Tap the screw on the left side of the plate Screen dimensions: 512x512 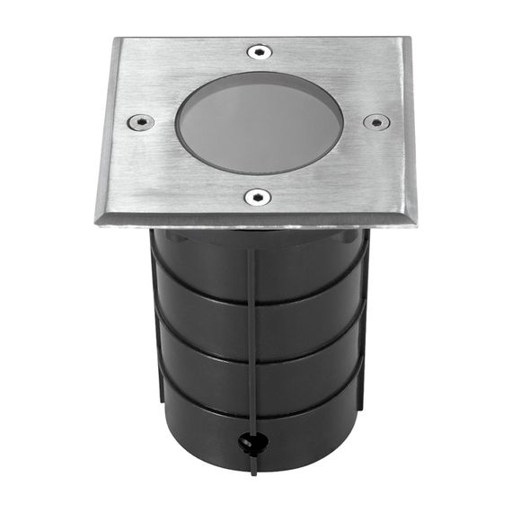click(140, 122)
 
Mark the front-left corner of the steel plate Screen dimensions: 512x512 click(95, 222)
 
